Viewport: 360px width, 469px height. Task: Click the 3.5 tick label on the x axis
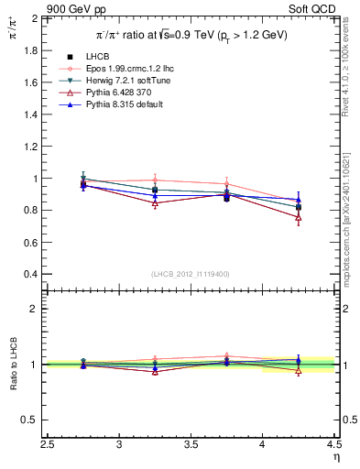(x=191, y=444)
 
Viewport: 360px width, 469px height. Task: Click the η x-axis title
(x=334, y=457)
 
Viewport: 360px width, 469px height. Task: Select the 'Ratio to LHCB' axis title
(x=12, y=365)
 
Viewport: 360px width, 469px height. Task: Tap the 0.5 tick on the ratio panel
(x=31, y=420)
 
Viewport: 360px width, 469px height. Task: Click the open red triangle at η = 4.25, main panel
(x=299, y=218)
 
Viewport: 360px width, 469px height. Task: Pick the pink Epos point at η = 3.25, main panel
(x=156, y=180)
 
